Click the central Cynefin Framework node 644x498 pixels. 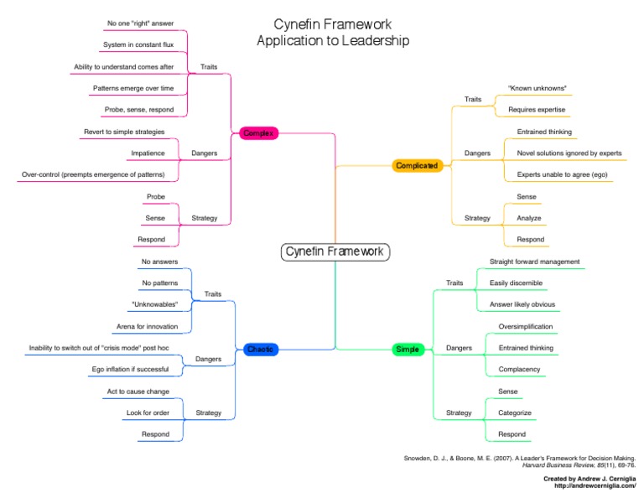click(x=335, y=252)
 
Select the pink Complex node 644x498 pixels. click(x=257, y=132)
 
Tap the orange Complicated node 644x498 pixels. click(x=416, y=165)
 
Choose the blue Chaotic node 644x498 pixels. click(x=260, y=349)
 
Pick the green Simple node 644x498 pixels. click(x=408, y=349)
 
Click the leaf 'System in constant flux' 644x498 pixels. click(x=138, y=44)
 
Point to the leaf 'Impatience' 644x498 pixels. click(x=148, y=153)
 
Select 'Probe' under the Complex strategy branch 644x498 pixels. click(x=156, y=197)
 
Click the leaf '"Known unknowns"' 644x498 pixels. click(x=538, y=88)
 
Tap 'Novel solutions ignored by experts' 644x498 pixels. click(x=569, y=153)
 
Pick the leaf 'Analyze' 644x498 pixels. click(x=529, y=218)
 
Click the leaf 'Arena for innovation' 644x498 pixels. click(x=148, y=326)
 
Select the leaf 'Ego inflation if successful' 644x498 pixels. click(x=130, y=370)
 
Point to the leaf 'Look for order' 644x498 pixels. click(x=148, y=412)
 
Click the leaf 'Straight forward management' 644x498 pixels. click(x=534, y=262)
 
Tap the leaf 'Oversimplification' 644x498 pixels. click(x=526, y=326)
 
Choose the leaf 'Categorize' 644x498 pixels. click(x=515, y=412)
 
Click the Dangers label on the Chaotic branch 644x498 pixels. click(x=208, y=359)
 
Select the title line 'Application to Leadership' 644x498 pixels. click(x=333, y=41)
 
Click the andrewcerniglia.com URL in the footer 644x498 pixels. click(x=589, y=486)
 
